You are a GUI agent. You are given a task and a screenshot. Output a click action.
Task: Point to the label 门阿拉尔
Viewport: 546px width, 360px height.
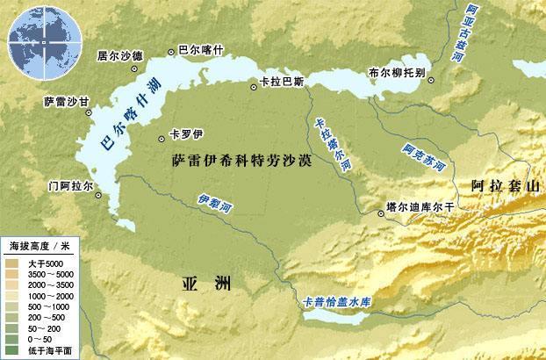tap(69, 187)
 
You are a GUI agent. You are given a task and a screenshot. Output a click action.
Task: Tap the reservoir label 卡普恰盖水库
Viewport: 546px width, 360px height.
tap(338, 302)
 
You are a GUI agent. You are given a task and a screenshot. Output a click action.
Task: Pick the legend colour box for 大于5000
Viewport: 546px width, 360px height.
tap(11, 263)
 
